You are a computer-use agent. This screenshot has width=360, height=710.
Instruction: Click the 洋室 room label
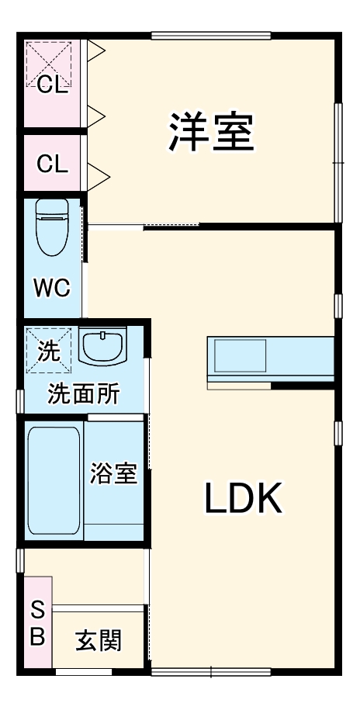(x=212, y=133)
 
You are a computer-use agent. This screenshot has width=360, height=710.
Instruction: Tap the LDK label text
(x=242, y=498)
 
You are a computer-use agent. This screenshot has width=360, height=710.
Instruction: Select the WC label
(x=52, y=288)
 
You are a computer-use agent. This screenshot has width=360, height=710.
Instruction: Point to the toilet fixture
(x=53, y=227)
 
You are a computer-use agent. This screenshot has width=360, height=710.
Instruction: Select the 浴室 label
(x=113, y=473)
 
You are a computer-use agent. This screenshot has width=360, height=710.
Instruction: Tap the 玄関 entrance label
(x=99, y=641)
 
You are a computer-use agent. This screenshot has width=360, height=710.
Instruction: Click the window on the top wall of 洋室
(x=211, y=35)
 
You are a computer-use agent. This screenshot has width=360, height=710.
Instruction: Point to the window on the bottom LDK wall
(x=211, y=670)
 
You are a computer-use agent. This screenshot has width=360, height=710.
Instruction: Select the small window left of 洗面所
(x=20, y=398)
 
